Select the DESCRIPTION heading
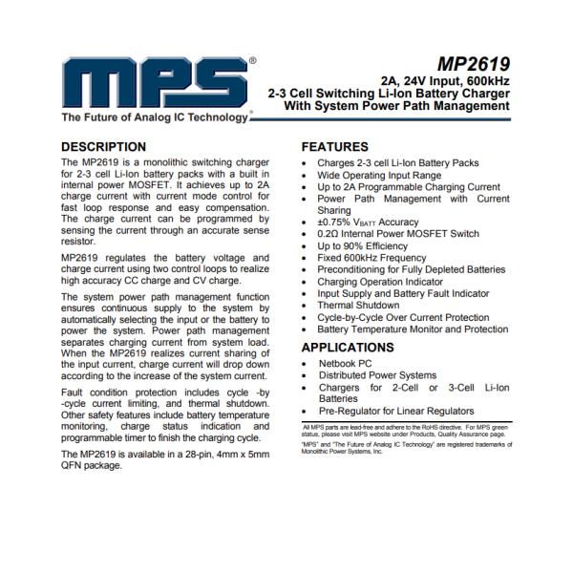(x=104, y=147)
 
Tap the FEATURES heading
(x=335, y=147)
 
